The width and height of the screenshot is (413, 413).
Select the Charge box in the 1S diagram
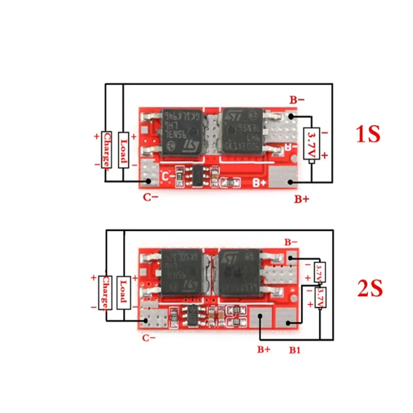pyautogui.click(x=106, y=149)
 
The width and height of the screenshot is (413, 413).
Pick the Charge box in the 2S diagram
pyautogui.click(x=106, y=292)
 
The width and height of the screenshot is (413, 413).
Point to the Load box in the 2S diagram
pyautogui.click(x=124, y=292)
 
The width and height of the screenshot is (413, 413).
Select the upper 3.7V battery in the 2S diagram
pyautogui.click(x=320, y=272)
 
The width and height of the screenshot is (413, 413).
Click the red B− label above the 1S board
pyautogui.click(x=297, y=100)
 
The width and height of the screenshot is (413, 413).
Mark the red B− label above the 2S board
pyautogui.click(x=291, y=242)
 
